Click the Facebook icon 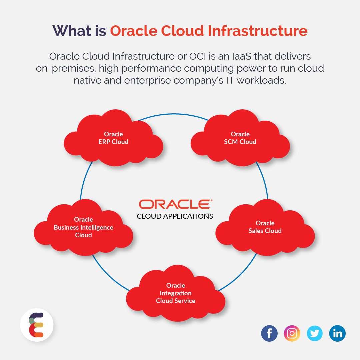(x=269, y=333)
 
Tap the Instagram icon (x=292, y=333)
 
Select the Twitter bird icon (x=315, y=333)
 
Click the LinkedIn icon (x=337, y=333)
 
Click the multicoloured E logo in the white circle (x=36, y=325)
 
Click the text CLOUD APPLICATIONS (x=175, y=216)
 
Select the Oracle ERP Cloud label (x=113, y=138)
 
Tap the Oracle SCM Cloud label (x=240, y=138)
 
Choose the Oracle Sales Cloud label (x=265, y=227)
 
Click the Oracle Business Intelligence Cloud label (x=83, y=227)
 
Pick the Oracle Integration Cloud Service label (x=176, y=293)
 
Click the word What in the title (x=72, y=31)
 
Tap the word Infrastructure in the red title (x=258, y=31)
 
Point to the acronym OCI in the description (x=197, y=56)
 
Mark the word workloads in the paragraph (x=262, y=80)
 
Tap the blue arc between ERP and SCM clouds (x=173, y=114)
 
